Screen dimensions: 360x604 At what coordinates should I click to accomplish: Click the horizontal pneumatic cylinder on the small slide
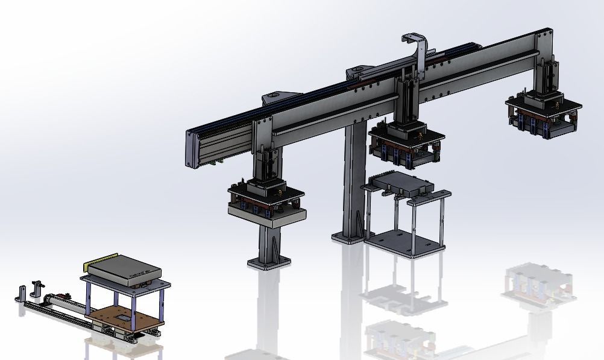click(x=57, y=297)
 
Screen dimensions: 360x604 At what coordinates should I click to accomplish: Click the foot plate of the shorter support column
click(x=269, y=262)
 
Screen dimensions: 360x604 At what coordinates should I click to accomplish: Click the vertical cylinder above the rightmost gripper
click(x=548, y=75)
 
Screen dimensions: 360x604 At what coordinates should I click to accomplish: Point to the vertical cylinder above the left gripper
click(x=266, y=166)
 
